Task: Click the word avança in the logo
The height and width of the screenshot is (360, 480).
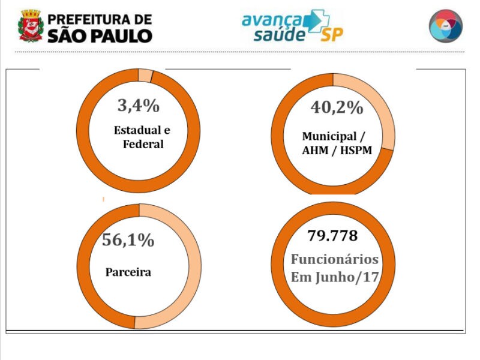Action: tap(271, 20)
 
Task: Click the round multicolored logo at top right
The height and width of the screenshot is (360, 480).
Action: tap(446, 26)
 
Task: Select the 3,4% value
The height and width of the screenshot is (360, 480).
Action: tap(138, 107)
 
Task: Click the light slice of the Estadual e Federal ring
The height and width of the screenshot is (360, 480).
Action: tap(145, 76)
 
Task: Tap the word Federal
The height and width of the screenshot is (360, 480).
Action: tap(143, 144)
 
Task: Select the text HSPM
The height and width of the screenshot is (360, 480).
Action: tap(354, 151)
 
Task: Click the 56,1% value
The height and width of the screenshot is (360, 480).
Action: tap(128, 240)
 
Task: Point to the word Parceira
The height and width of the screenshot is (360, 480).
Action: tap(128, 272)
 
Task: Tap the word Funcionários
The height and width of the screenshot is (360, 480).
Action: tap(335, 259)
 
